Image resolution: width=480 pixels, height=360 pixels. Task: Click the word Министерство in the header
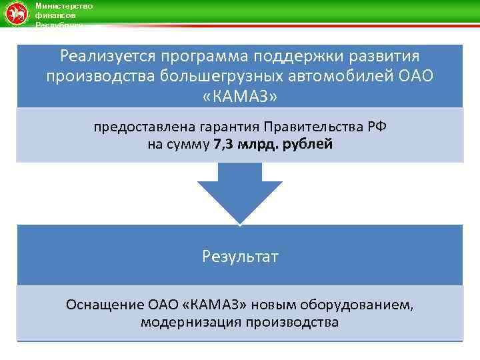(64, 6)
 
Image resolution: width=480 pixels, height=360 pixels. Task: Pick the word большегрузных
(214, 76)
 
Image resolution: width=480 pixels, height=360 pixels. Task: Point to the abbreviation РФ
(376, 127)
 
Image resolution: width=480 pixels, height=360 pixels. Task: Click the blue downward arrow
(239, 193)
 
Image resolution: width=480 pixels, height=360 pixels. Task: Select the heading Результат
(240, 256)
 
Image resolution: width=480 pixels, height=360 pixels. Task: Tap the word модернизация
(183, 323)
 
